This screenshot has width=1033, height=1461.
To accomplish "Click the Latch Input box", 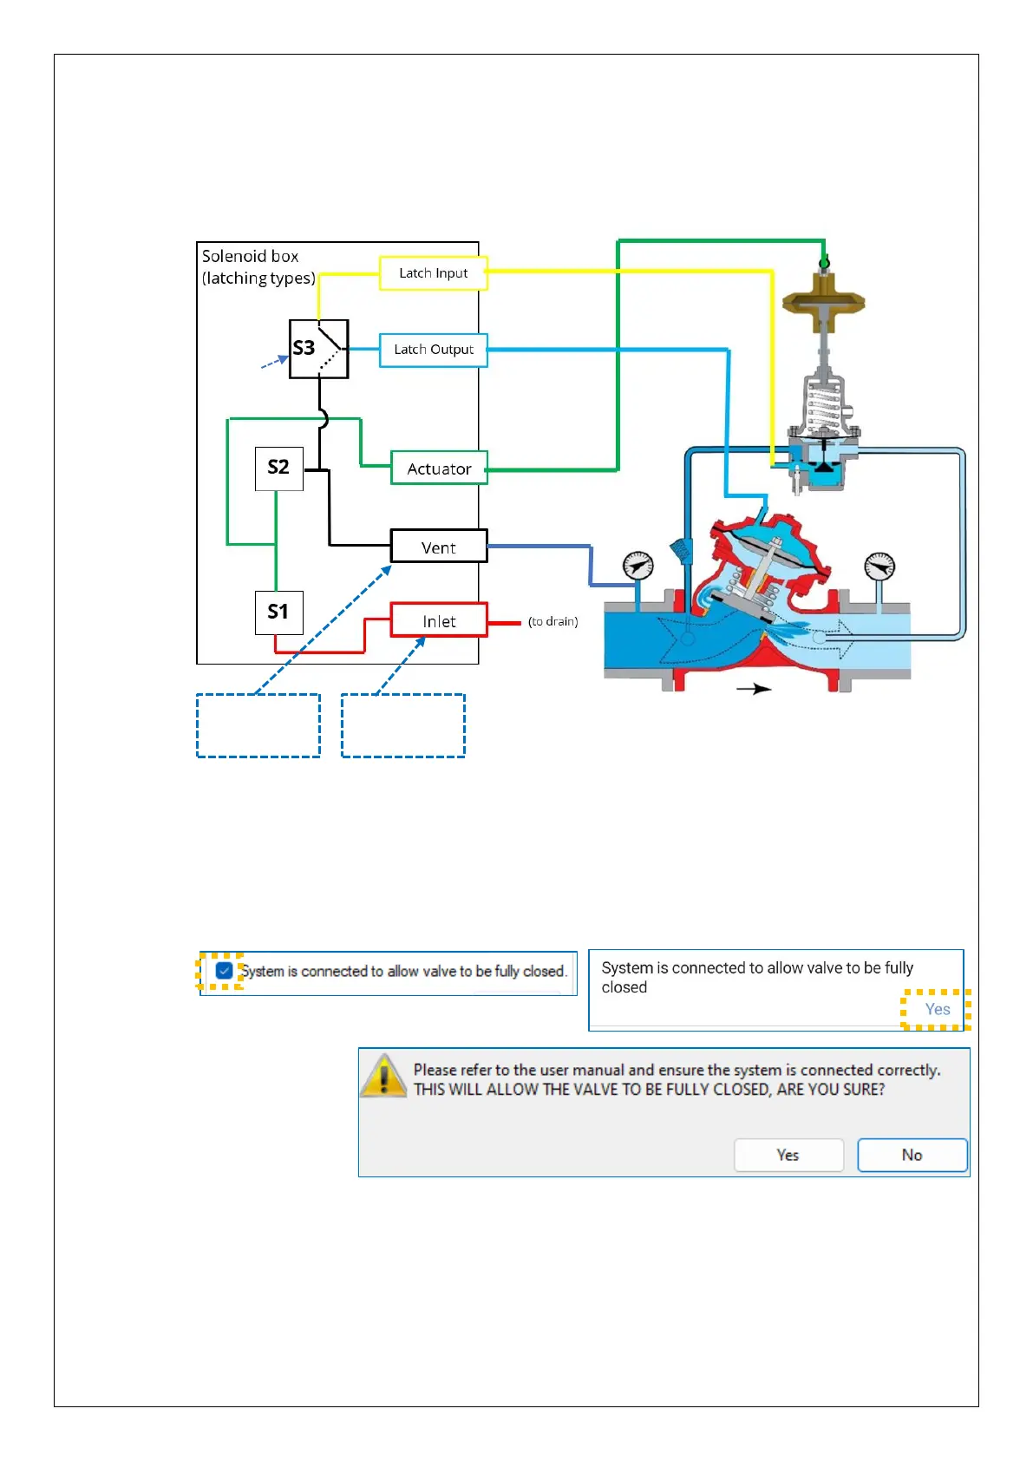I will (x=433, y=272).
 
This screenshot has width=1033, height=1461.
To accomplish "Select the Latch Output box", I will (x=433, y=350).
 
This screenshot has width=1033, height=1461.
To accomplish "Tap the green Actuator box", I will (x=438, y=468).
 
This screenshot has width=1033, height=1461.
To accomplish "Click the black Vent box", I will (x=438, y=547).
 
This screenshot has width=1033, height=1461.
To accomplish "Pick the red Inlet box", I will (x=438, y=620).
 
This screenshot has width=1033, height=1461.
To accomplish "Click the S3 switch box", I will (x=318, y=349).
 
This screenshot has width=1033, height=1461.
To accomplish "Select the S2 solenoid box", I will (x=278, y=468).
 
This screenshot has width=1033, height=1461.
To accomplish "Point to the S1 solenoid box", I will (x=278, y=613).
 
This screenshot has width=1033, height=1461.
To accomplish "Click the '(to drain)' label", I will (x=552, y=621).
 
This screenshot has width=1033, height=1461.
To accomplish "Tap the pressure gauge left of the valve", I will (x=637, y=567).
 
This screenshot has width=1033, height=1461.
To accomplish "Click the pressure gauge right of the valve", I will (x=879, y=567).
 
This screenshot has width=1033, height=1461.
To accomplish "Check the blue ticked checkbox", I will (x=224, y=971).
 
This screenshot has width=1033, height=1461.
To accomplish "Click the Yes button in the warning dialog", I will (x=788, y=1155).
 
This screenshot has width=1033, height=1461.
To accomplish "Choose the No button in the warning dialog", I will (x=912, y=1155).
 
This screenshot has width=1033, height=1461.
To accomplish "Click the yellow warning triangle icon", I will (x=382, y=1076).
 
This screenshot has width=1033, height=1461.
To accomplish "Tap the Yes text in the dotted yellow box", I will (x=937, y=1009).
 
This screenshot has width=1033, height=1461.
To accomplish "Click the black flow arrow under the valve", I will (x=754, y=689).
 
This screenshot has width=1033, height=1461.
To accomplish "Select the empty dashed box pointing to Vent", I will (x=258, y=725).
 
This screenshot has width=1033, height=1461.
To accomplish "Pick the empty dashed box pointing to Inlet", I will (x=402, y=725).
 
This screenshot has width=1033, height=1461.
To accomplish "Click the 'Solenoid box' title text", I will (x=250, y=257).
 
